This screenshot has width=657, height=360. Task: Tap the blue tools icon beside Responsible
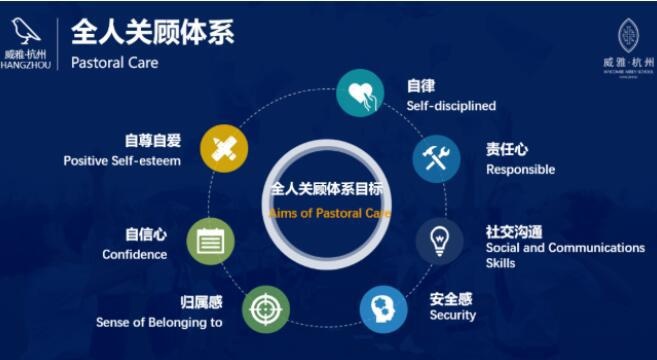(x=436, y=158)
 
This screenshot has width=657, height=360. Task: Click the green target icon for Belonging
(x=263, y=306)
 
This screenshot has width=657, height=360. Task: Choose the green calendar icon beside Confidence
(x=211, y=241)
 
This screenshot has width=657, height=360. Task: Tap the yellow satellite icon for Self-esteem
(x=224, y=148)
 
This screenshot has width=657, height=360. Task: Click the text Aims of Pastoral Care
(x=329, y=213)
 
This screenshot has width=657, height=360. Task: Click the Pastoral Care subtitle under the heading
(x=115, y=63)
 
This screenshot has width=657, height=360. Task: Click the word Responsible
(x=520, y=170)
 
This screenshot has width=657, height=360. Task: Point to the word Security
(x=453, y=316)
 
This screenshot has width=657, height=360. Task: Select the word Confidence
(x=134, y=255)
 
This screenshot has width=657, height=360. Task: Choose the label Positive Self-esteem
(x=122, y=161)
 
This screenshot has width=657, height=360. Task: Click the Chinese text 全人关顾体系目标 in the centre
(x=328, y=188)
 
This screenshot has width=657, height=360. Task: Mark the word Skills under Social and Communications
(x=501, y=263)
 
